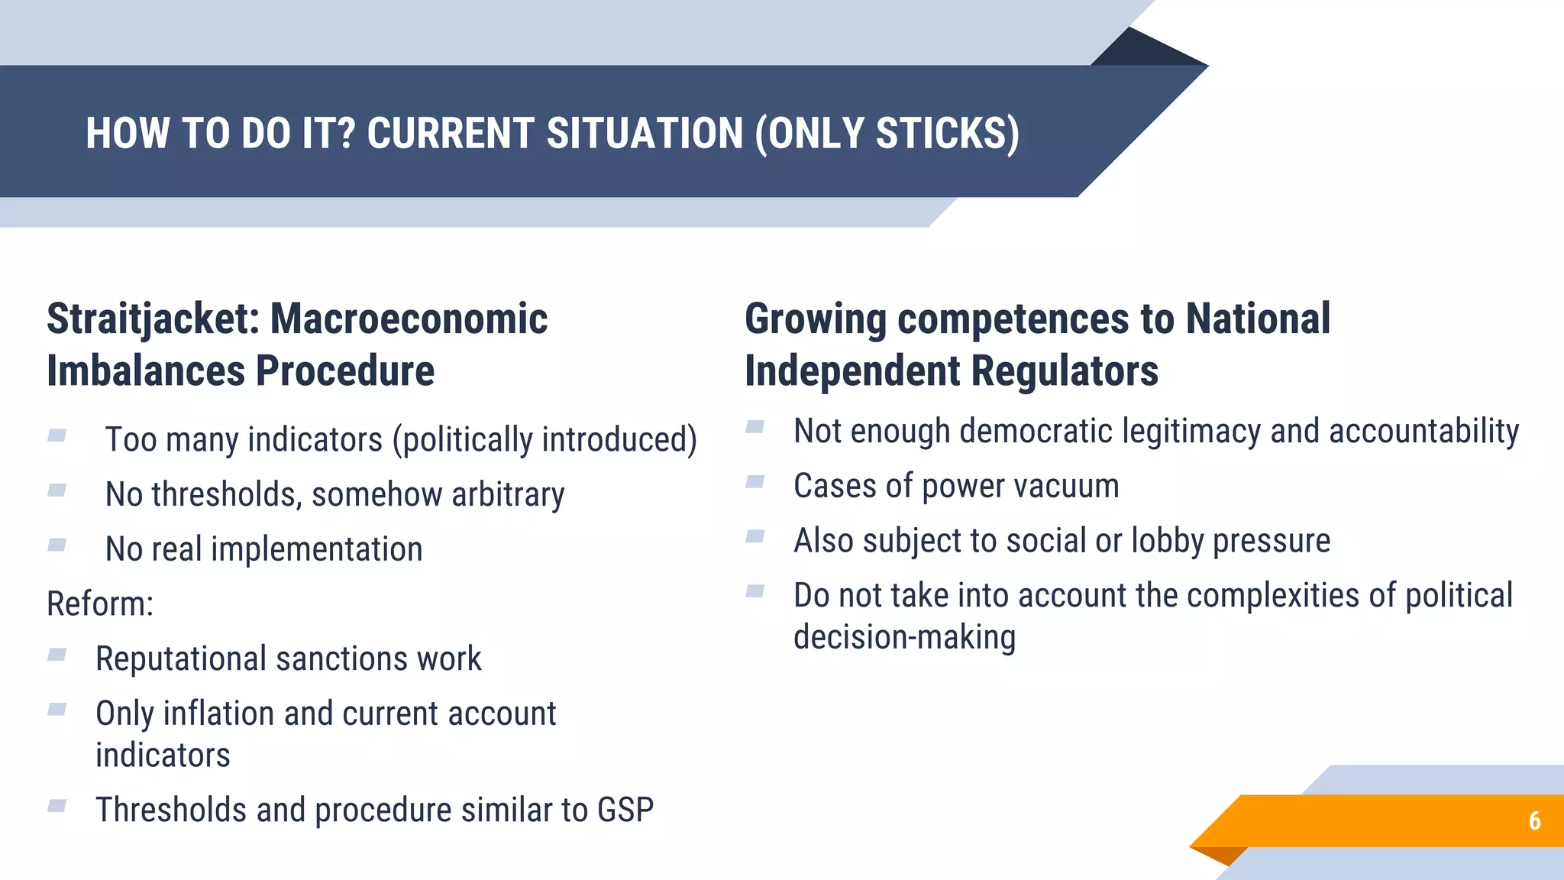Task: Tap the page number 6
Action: point(1534,820)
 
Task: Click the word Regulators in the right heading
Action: point(1065,371)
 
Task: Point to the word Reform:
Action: point(100,604)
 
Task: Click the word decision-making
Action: point(904,637)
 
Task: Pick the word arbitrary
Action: point(508,494)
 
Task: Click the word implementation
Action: point(316,549)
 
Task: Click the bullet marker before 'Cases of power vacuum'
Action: point(755,482)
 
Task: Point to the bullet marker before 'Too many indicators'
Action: point(57,436)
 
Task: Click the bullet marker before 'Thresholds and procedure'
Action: point(57,806)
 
